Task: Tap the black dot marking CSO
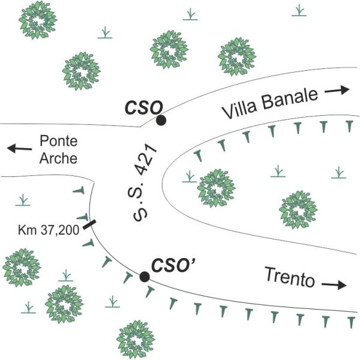click(161, 121)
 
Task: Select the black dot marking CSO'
click(145, 277)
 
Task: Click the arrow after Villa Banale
click(337, 91)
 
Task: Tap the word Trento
click(290, 277)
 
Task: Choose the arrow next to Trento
click(334, 285)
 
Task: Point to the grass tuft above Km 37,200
click(23, 199)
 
